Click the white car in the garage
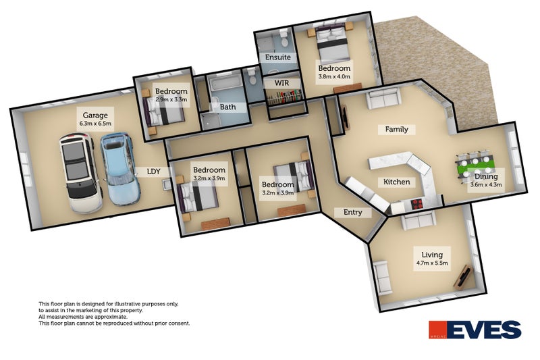[81, 172]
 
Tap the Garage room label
[95, 115]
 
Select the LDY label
[154, 172]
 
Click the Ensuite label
[277, 57]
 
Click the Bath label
[227, 107]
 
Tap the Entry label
[352, 212]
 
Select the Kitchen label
[397, 182]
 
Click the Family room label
[396, 129]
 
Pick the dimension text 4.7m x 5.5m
[432, 262]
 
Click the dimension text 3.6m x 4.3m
[486, 184]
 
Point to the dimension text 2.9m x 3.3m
[171, 100]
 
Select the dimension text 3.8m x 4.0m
[334, 77]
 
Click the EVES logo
[475, 330]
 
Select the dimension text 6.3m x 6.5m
[95, 124]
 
